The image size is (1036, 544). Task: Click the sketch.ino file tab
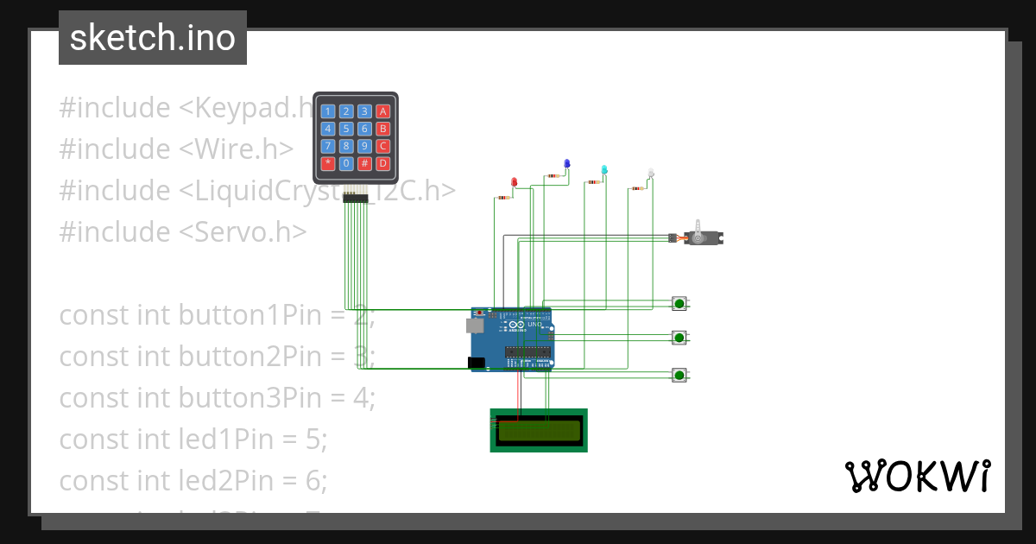153,38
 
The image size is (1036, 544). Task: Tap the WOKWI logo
917,476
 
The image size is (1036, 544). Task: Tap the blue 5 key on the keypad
345,129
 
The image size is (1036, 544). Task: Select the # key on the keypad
364,163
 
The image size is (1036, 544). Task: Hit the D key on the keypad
383,163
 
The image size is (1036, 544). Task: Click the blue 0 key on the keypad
345,163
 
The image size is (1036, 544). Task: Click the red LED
515,182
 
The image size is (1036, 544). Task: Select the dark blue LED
567,163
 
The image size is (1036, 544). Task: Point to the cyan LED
604,169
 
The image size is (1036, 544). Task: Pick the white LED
651,174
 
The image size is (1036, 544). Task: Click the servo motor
703,237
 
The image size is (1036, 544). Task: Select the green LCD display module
539,429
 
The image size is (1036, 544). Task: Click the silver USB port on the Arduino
474,325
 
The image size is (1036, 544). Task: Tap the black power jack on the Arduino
476,364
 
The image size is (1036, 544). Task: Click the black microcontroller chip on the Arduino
527,351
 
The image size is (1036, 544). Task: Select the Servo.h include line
183,231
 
